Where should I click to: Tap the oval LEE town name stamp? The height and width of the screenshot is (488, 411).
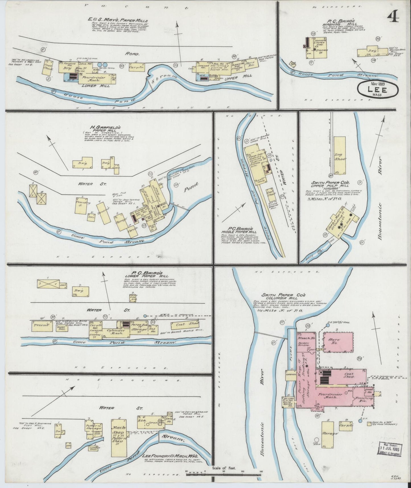tap(378, 89)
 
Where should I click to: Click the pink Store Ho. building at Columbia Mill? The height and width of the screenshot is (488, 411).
tap(338, 342)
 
